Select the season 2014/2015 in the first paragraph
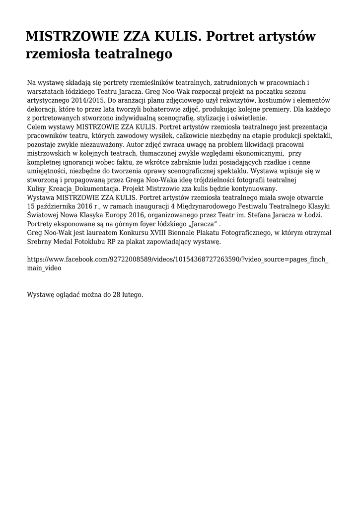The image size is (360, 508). click(86, 100)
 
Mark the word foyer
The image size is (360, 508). click(140, 225)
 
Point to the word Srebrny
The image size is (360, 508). click(41, 243)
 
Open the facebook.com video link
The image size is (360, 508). click(177, 263)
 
